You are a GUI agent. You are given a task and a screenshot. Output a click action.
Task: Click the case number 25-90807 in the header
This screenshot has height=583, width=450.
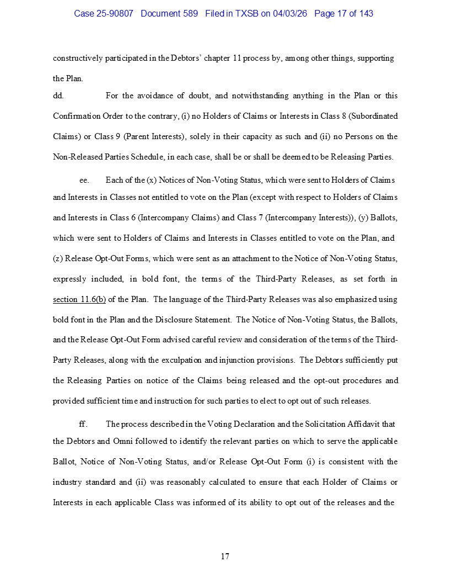tap(115, 13)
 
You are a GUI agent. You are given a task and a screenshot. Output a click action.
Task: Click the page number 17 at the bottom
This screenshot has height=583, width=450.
tap(225, 556)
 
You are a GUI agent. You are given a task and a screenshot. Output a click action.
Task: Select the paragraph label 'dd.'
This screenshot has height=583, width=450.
tap(58, 96)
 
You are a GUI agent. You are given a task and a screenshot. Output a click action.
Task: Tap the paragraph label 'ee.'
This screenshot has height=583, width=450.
tap(84, 181)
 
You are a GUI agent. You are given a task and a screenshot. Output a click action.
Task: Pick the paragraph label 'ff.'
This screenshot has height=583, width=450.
tap(83, 424)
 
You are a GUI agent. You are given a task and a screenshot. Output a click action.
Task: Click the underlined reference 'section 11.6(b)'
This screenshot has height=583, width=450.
tap(79, 300)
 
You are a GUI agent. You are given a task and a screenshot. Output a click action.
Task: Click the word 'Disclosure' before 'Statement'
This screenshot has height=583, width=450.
tap(207, 320)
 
